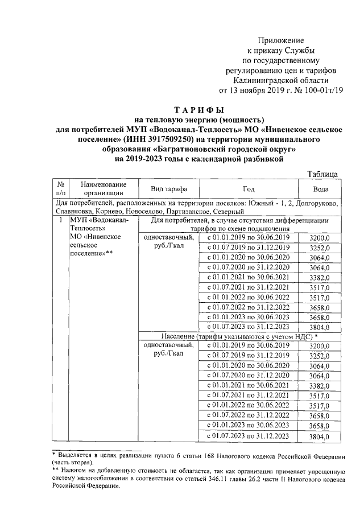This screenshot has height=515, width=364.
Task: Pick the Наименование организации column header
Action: (x=103, y=189)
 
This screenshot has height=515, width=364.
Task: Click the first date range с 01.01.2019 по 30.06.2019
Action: (x=248, y=237)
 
